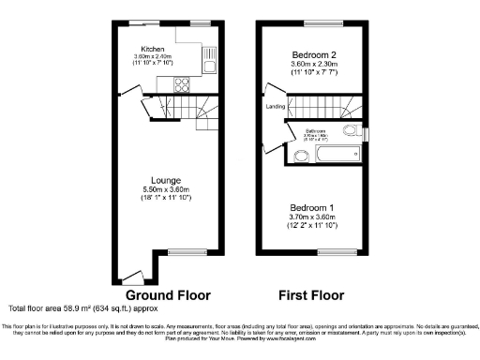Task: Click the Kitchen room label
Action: point(153,49)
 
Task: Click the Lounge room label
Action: point(168,180)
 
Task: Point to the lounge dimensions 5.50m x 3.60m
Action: point(168,188)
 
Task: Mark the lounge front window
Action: point(179,251)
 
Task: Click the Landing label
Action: point(276,106)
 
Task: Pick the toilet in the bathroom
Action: point(351,130)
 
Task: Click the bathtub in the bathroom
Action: point(326,150)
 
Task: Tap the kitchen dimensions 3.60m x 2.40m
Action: point(153,57)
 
